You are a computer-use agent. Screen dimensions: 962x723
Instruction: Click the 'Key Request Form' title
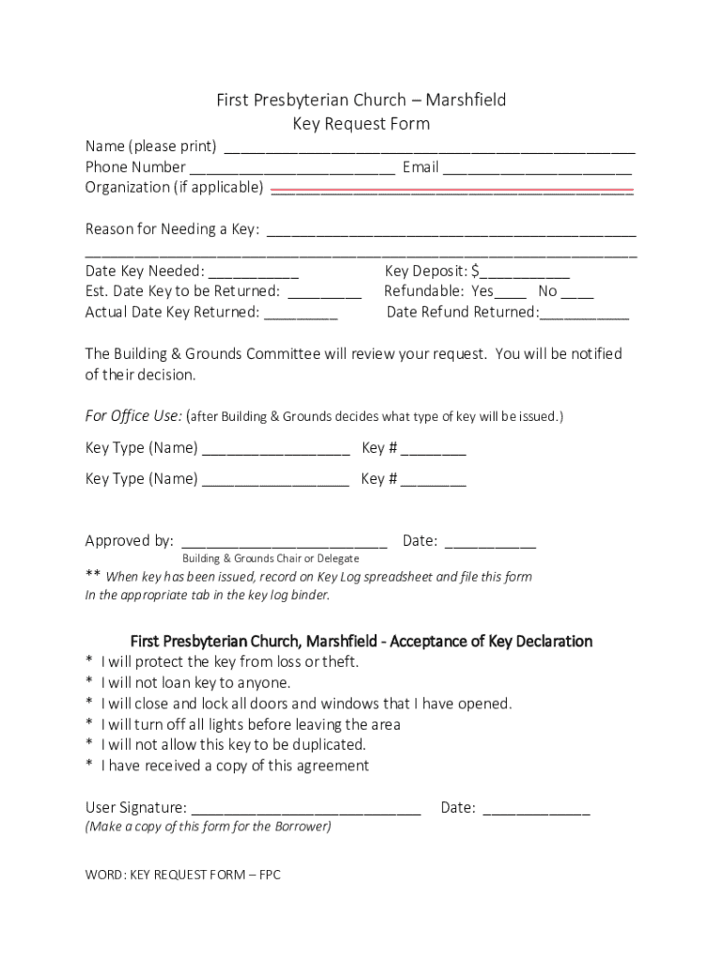click(361, 124)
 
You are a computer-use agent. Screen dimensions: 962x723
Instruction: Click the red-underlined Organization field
click(452, 191)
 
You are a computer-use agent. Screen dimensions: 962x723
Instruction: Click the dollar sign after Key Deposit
click(476, 272)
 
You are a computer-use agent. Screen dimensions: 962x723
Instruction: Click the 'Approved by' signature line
click(284, 544)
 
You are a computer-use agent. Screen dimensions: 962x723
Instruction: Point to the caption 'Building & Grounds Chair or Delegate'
click(270, 559)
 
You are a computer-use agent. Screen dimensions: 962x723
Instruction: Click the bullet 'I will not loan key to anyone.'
click(195, 683)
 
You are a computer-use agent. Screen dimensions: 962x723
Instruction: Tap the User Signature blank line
click(305, 812)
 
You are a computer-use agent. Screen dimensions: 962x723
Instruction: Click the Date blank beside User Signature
click(536, 812)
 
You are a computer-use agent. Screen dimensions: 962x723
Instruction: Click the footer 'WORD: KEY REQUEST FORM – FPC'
click(183, 875)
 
